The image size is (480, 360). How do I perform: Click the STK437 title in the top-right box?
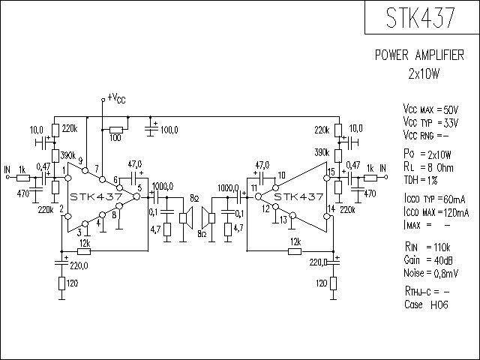(420, 17)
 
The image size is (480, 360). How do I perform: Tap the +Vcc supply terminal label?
(116, 98)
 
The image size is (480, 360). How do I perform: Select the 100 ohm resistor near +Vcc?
(116, 130)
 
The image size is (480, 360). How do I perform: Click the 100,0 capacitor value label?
(169, 130)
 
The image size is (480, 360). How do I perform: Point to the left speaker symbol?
(187, 217)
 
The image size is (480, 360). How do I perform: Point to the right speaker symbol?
(208, 217)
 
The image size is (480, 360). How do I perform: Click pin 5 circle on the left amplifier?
(136, 196)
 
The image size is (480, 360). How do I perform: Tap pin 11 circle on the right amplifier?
(258, 196)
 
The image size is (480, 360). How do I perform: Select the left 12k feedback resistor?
(84, 252)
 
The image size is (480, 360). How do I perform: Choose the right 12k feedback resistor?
(295, 252)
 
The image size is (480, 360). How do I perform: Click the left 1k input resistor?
(23, 178)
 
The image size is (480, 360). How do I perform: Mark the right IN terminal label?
(383, 168)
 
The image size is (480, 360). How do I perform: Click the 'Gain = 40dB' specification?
(428, 260)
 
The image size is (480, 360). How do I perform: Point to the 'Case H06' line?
(426, 304)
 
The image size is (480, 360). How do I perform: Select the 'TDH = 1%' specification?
(421, 180)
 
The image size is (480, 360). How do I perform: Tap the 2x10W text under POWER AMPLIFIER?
(424, 73)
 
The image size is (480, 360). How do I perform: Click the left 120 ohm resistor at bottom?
(61, 283)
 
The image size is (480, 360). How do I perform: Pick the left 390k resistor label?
(68, 155)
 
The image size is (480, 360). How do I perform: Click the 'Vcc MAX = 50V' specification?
(430, 109)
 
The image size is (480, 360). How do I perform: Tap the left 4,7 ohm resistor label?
(156, 229)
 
